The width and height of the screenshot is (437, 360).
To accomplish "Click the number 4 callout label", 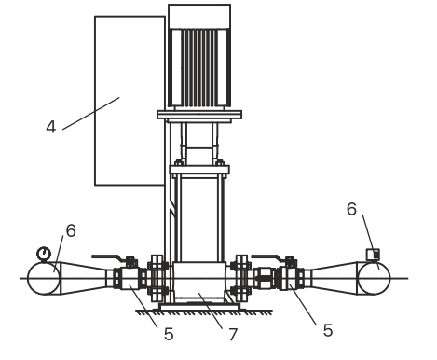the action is (x=51, y=127).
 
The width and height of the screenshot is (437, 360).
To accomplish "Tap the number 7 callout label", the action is (x=233, y=335).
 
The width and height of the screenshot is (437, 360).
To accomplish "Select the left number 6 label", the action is (x=71, y=230).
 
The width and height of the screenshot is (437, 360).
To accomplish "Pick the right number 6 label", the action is (x=351, y=209).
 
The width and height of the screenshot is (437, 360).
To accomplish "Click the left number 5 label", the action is (x=169, y=335).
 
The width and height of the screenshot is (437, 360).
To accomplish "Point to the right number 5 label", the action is (x=328, y=330).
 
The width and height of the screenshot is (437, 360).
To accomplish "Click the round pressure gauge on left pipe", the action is (x=44, y=254).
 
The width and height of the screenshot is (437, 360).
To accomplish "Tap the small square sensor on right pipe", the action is (x=373, y=255).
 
